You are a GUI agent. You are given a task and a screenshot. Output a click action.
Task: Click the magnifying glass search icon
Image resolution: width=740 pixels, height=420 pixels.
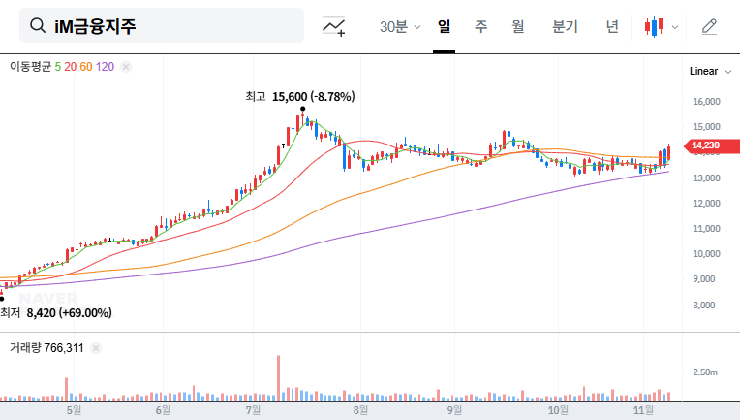coord(38,26)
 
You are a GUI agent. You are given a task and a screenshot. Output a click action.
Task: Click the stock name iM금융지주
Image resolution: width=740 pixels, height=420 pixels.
coord(95,26)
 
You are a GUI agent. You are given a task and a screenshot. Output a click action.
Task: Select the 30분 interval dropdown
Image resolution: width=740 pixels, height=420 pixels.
coord(399,27)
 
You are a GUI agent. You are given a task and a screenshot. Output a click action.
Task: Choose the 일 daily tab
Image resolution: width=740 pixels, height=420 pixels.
coord(445,27)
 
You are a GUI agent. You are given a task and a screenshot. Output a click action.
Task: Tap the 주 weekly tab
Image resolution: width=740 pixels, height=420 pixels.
coord(480,27)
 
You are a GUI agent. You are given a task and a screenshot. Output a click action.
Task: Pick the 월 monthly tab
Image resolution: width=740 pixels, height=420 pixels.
coord(517,27)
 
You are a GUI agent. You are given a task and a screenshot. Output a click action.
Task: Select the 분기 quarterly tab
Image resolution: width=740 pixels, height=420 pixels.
coord(565,27)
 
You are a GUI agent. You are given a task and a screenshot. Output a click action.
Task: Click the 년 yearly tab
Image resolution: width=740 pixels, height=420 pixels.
coord(612,27)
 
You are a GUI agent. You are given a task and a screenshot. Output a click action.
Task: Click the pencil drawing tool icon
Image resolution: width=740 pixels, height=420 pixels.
coord(709,27)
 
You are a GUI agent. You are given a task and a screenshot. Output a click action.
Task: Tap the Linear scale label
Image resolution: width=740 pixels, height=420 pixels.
coord(703,72)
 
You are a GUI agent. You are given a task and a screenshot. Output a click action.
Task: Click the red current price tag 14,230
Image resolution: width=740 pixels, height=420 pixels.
coord(705,146)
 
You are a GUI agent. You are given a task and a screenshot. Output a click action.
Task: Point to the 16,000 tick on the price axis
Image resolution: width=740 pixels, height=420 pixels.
coord(706,101)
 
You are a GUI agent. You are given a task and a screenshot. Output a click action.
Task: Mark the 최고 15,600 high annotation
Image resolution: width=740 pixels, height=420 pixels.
coord(300,97)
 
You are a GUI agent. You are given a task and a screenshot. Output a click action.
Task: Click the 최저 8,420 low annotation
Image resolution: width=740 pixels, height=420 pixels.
coord(56,313)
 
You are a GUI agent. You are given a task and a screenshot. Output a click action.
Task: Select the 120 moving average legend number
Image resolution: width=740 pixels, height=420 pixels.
coord(106,67)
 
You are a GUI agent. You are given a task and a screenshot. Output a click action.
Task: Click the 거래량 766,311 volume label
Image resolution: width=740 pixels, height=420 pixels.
coord(46,347)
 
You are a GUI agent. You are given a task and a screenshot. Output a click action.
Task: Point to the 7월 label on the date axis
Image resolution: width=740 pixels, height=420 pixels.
coord(253,410)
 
